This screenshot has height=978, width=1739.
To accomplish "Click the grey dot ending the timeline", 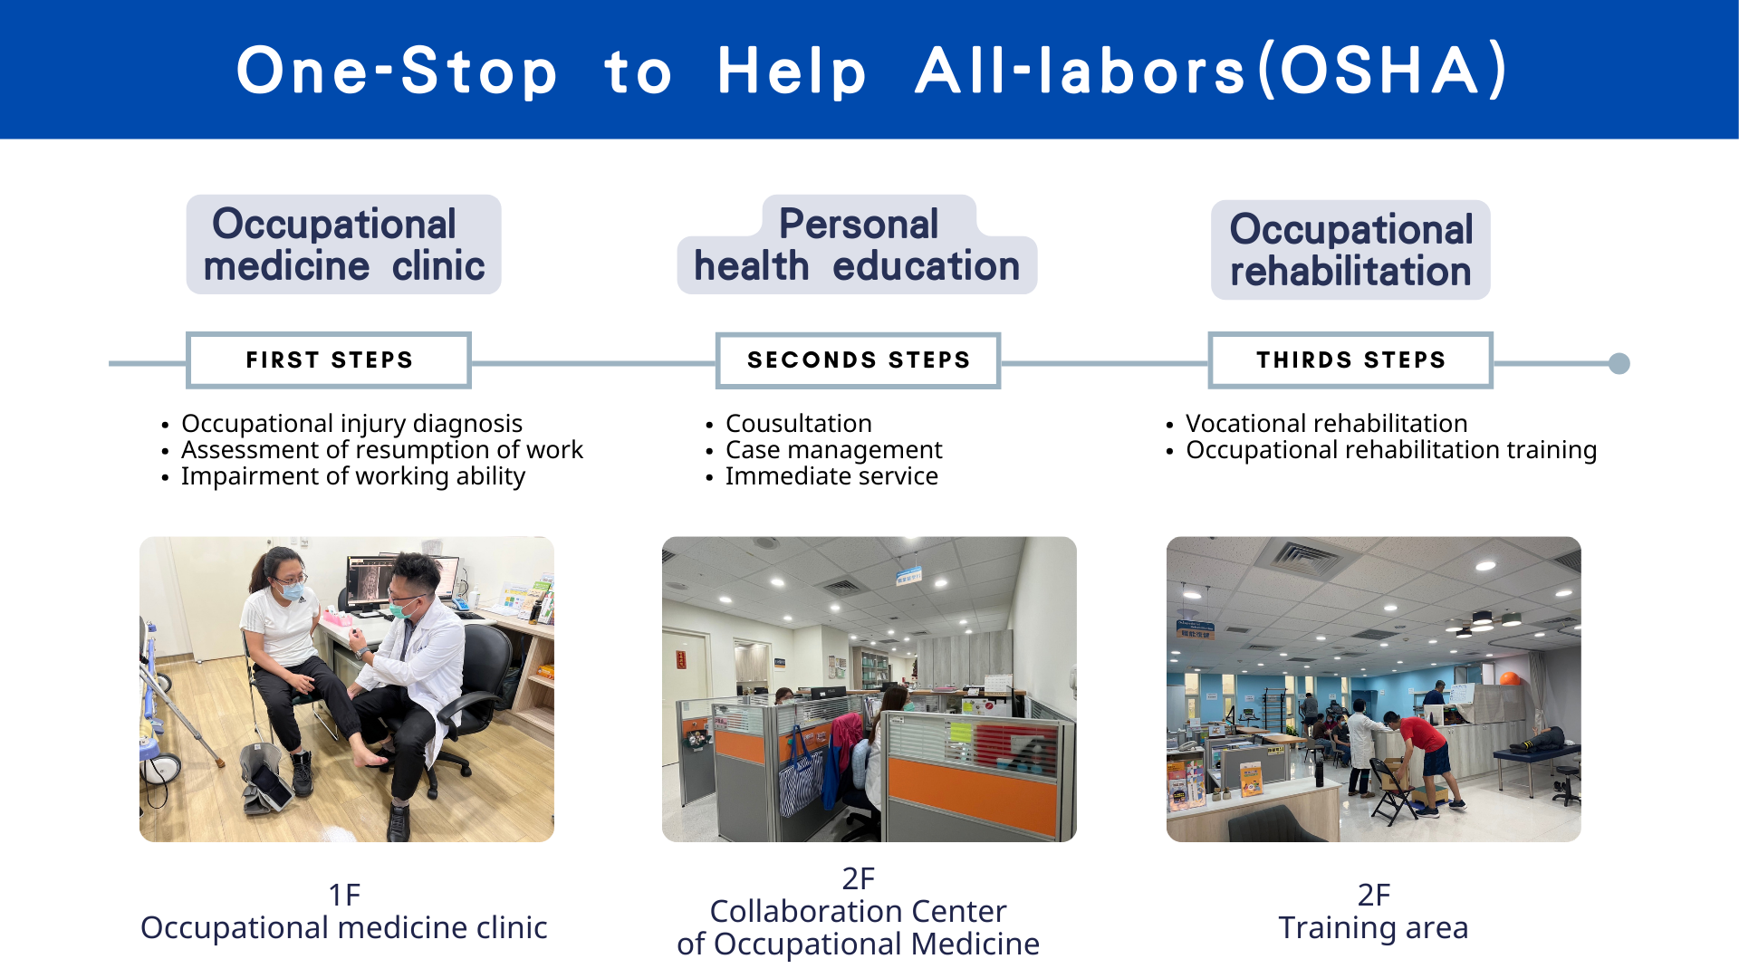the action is click(x=1619, y=363).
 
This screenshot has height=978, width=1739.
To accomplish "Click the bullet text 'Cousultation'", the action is click(x=799, y=423).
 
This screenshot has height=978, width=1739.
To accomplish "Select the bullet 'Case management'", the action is click(x=834, y=450).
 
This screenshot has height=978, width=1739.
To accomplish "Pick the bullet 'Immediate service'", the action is click(x=831, y=476).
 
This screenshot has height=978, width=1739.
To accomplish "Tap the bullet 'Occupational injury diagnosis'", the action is click(x=351, y=424).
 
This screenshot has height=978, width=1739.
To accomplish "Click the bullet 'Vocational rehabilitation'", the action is click(x=1327, y=423).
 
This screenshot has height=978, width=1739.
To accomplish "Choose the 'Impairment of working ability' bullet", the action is click(x=353, y=476).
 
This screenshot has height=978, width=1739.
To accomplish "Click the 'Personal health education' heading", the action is click(x=857, y=244).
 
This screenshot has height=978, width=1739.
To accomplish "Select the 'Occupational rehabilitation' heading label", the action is click(x=1350, y=250).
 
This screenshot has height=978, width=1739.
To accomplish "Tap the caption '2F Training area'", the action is click(x=1373, y=911).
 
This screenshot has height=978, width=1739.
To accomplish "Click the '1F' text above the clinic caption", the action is click(x=344, y=895).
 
